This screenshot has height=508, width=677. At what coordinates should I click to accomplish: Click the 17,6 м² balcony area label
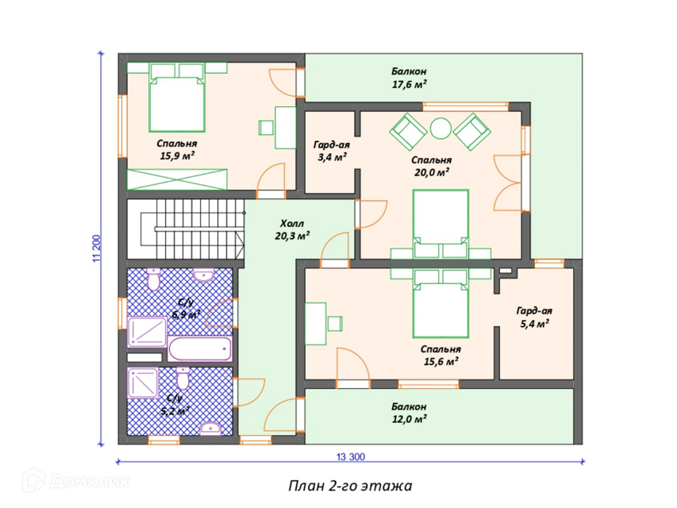tap(409, 84)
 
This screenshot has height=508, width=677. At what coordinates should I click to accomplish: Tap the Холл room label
tap(292, 224)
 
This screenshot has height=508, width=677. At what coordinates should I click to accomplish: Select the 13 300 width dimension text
tap(350, 456)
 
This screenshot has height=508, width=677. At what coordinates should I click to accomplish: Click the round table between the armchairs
tap(440, 129)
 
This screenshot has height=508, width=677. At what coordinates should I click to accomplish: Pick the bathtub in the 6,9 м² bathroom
tap(200, 349)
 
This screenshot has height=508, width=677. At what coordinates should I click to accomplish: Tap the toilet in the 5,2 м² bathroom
tap(183, 378)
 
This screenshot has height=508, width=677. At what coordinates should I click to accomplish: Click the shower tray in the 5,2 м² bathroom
tap(143, 383)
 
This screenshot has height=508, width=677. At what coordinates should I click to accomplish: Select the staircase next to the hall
tap(186, 229)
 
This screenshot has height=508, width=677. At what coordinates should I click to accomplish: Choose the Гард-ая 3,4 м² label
tap(331, 151)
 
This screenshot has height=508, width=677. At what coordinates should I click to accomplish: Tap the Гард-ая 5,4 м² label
tap(534, 317)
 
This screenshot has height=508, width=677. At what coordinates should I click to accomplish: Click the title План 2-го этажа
tap(350, 486)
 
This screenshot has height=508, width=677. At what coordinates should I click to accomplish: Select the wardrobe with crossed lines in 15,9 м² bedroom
tap(177, 179)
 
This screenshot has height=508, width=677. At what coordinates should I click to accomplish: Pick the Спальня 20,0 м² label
tap(431, 167)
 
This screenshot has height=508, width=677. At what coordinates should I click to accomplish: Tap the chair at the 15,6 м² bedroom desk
tap(335, 324)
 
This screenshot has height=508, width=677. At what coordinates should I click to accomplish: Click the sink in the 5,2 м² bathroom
tap(211, 428)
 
